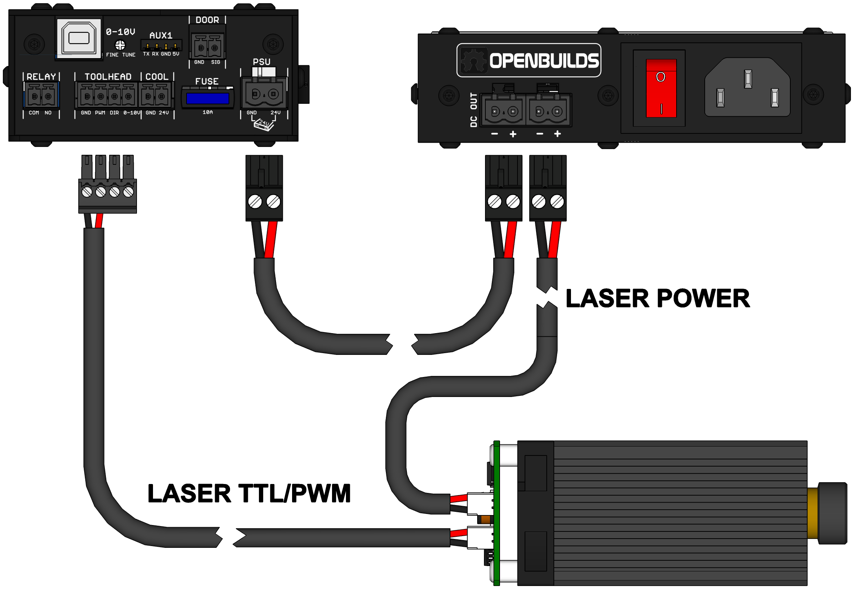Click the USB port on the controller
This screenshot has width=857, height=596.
(78, 38)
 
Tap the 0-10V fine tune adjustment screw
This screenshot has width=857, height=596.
(120, 45)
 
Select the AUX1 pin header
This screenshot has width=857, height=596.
(161, 46)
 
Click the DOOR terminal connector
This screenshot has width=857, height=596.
(207, 47)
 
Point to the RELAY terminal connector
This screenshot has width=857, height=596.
(41, 96)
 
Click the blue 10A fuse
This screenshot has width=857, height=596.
(207, 98)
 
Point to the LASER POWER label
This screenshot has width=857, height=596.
(657, 299)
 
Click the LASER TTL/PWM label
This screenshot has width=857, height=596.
(249, 493)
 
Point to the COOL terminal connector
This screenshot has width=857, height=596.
(155, 96)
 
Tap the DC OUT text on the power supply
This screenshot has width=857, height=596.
(473, 110)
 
